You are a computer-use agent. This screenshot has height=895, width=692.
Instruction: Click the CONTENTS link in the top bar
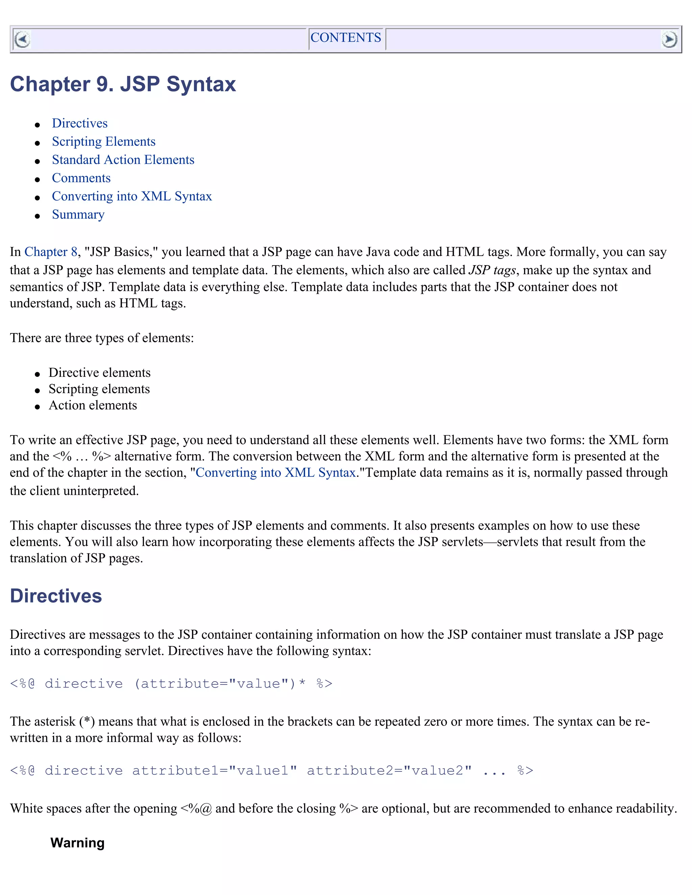(345, 38)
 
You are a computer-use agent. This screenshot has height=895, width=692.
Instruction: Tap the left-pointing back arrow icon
(22, 40)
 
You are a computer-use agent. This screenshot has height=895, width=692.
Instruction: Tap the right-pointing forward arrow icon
(669, 40)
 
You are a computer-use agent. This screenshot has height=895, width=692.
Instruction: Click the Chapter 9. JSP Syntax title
(123, 84)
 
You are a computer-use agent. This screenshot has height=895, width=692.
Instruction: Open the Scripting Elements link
(104, 142)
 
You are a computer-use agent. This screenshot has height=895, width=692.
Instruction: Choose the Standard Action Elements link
(123, 160)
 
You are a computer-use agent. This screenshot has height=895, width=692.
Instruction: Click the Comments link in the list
(81, 178)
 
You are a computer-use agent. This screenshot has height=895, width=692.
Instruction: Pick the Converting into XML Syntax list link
(131, 196)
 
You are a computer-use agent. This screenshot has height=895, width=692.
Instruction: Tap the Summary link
(78, 215)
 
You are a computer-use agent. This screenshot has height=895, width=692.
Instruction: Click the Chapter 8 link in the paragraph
(51, 252)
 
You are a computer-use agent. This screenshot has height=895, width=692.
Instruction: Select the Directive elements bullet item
(99, 373)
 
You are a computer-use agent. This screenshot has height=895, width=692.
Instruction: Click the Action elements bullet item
(93, 405)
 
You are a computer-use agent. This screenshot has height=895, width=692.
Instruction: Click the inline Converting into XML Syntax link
(275, 472)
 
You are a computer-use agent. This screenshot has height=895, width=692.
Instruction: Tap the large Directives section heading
(56, 596)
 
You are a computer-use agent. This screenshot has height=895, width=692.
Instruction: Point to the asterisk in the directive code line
(302, 683)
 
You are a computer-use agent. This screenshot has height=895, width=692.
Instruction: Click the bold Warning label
(77, 843)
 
